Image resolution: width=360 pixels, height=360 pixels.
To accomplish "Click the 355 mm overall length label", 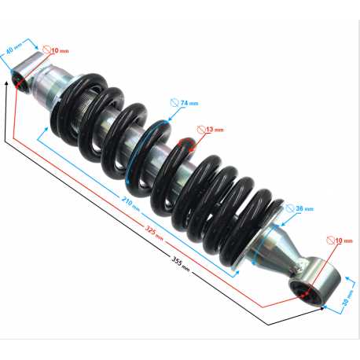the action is coord(180,263).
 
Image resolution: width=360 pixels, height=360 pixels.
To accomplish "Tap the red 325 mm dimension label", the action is coord(154,233).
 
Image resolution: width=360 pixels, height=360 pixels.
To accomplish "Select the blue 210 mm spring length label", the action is coord(130,204).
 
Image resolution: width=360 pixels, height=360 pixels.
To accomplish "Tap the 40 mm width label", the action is coord(13,49).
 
